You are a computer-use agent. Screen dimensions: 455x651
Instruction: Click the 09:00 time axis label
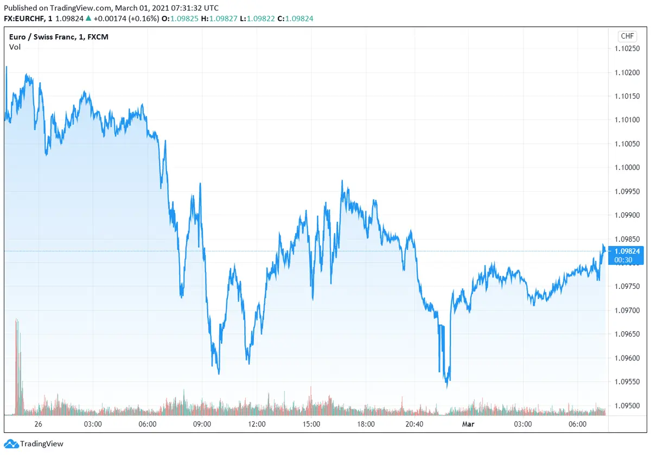pyautogui.click(x=202, y=424)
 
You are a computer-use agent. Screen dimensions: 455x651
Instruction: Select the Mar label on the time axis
pyautogui.click(x=468, y=424)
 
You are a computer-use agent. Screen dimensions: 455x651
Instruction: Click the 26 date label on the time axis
pyautogui.click(x=38, y=424)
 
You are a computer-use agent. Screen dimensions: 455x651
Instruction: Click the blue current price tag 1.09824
pyautogui.click(x=627, y=251)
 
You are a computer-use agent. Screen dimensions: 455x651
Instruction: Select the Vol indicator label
pyautogui.click(x=15, y=47)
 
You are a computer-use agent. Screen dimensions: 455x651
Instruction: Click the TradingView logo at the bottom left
pyautogui.click(x=35, y=444)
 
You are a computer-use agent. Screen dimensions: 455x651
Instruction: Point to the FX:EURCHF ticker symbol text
pyautogui.click(x=27, y=18)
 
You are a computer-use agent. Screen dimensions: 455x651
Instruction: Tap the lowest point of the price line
pyautogui.click(x=447, y=387)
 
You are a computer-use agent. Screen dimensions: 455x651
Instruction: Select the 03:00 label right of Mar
pyautogui.click(x=523, y=424)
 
